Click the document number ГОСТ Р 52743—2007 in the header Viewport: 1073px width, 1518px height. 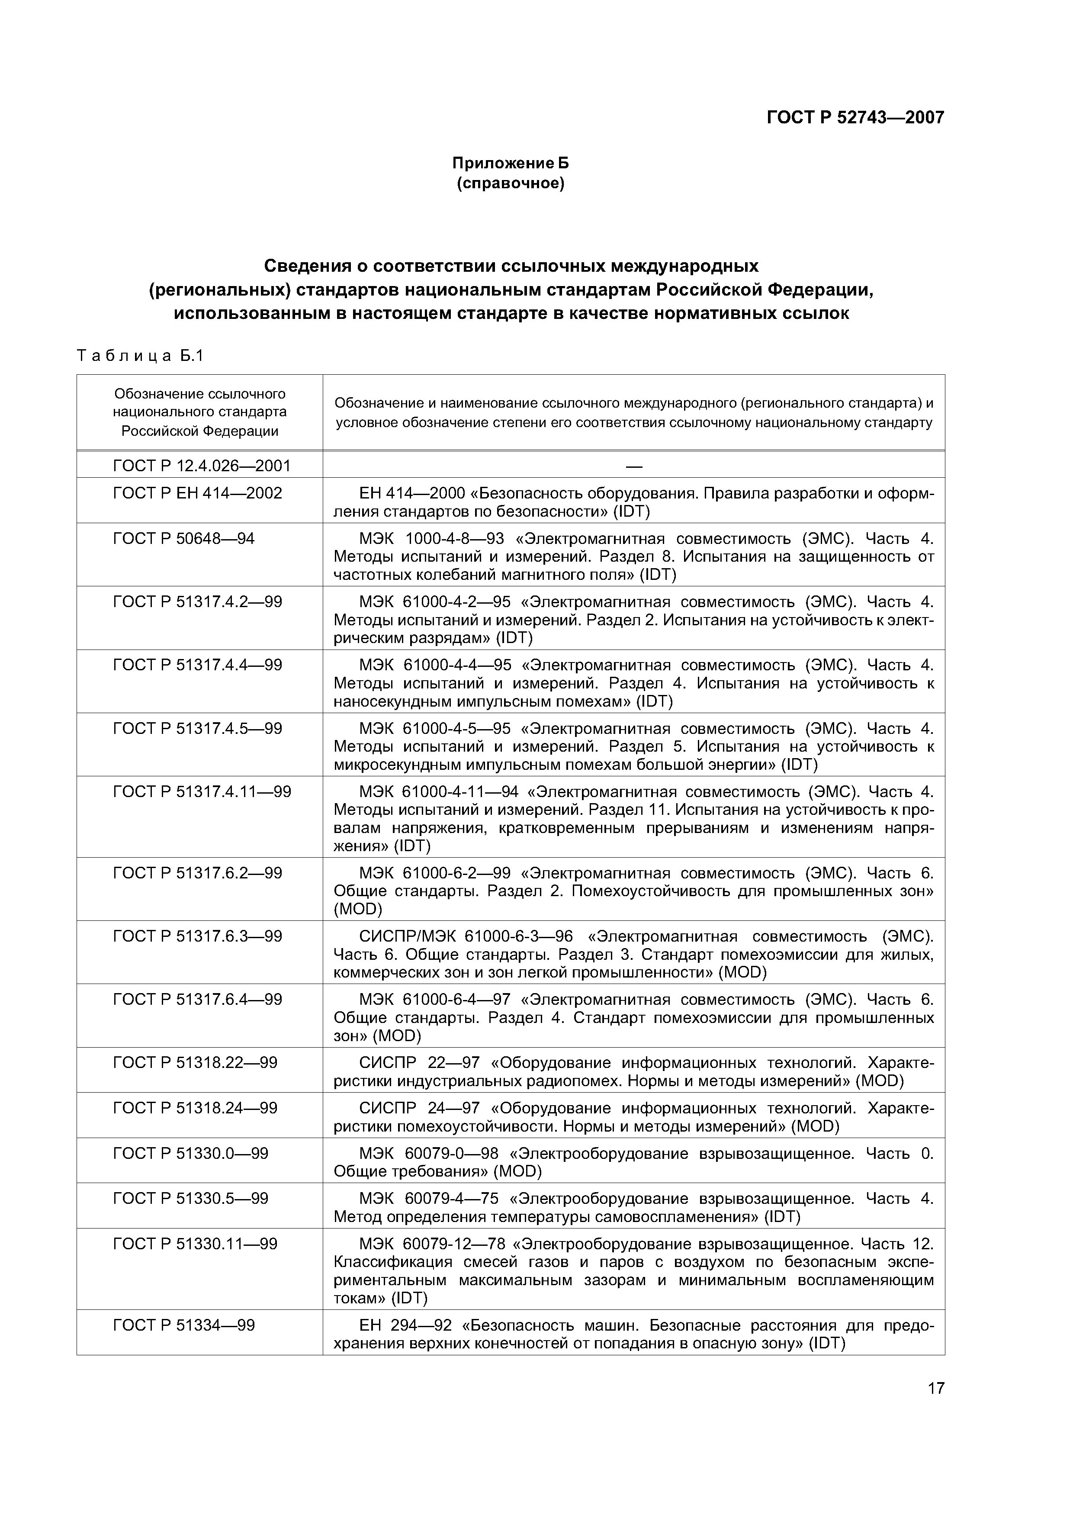pos(855,118)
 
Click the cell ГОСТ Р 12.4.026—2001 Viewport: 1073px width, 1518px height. pos(202,466)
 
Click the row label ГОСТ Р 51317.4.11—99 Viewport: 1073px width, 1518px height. pos(202,792)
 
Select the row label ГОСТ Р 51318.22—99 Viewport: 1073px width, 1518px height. pos(195,1062)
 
